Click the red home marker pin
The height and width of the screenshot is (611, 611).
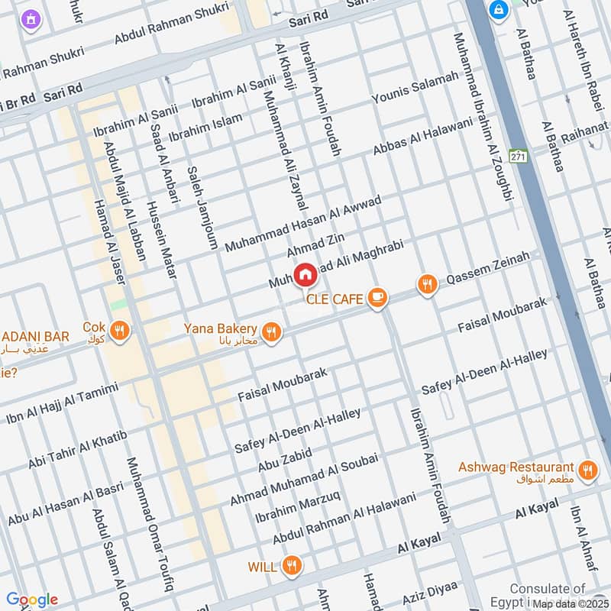305,274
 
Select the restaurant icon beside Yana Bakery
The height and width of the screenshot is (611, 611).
270,331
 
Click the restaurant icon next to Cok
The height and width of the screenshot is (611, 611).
119,331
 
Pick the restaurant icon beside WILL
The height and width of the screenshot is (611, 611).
291,566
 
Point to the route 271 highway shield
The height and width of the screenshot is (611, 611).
519,156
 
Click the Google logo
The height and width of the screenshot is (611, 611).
32,600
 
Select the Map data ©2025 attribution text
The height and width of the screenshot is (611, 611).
570,603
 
